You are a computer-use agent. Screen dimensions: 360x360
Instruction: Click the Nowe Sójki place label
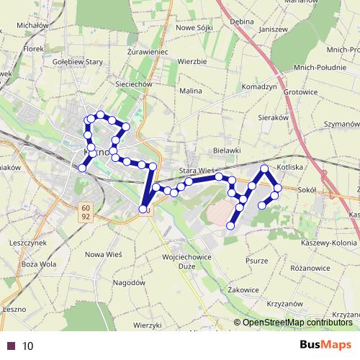[x=196, y=27]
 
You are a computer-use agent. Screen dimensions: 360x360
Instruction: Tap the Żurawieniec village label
[x=147, y=53]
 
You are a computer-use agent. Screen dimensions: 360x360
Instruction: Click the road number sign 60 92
[x=85, y=210]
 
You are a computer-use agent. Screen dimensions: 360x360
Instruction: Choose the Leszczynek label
[x=28, y=243]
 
